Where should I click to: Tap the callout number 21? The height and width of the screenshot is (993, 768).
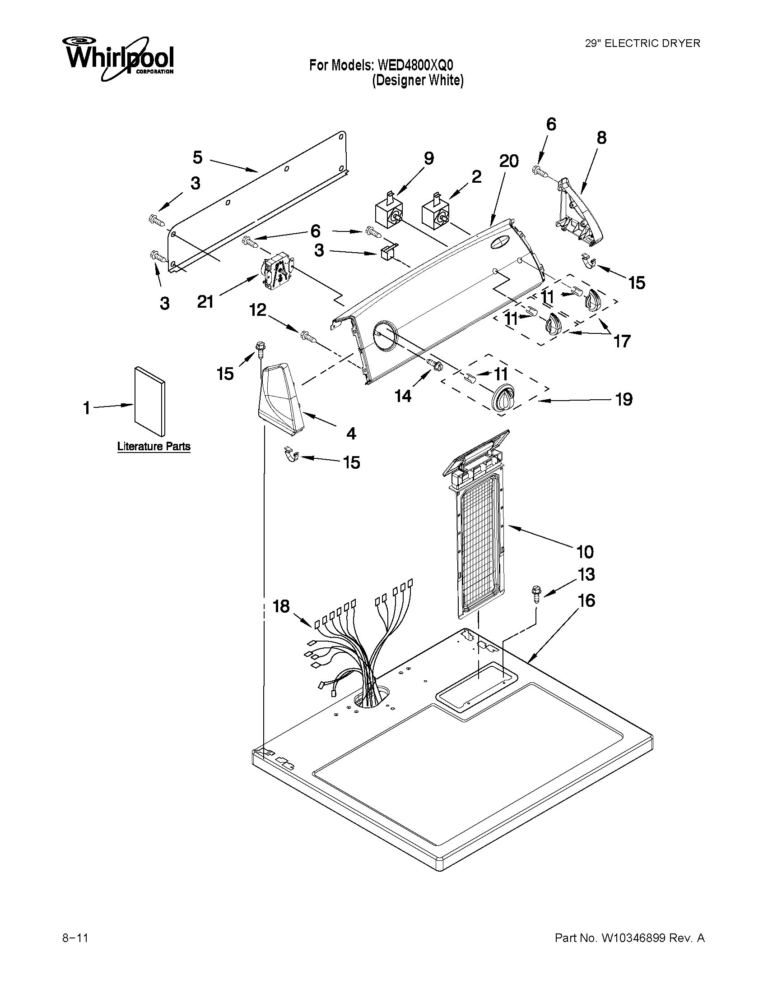[205, 301]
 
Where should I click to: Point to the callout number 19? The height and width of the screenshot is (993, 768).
[624, 399]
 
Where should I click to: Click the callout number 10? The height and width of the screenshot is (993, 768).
[585, 551]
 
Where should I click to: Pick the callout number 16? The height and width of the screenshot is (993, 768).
[586, 600]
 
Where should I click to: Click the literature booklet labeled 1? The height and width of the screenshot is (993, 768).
[150, 401]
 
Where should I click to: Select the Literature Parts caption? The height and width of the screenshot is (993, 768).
[154, 446]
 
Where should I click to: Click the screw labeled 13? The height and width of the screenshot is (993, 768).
[536, 594]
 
